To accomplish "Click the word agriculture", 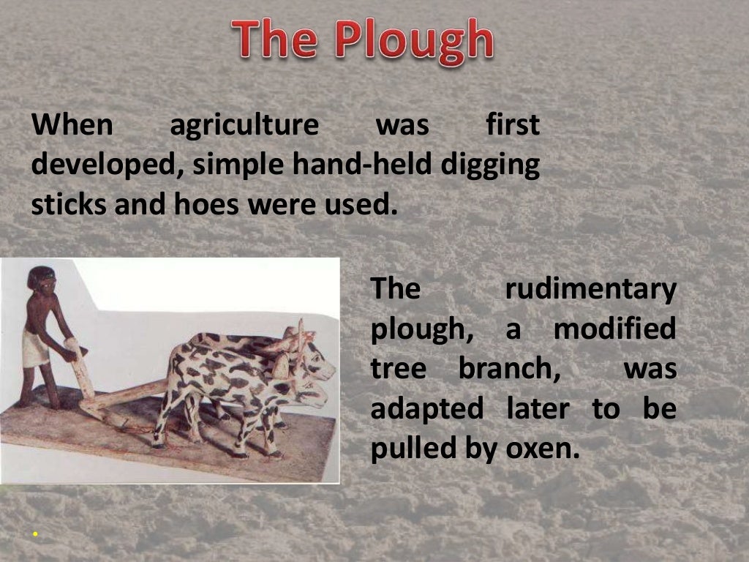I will coord(244,127).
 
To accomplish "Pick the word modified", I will coord(614,330).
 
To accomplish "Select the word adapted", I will coord(427,409).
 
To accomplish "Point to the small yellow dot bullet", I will coord(34,535).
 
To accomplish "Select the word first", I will coord(513,127).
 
